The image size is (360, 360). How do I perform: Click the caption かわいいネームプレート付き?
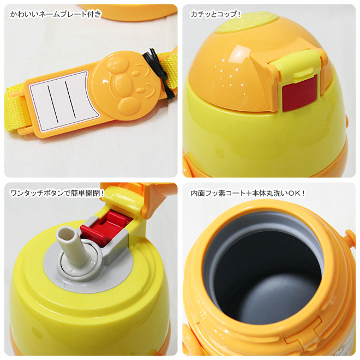pyautogui.click(x=55, y=14)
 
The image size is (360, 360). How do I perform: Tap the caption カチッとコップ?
pyautogui.click(x=215, y=14)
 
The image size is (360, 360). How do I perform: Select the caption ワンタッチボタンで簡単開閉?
pyautogui.click(x=57, y=193)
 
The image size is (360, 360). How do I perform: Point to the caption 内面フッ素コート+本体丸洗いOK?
pyautogui.click(x=248, y=193)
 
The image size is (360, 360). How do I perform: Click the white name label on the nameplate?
pyautogui.click(x=62, y=101)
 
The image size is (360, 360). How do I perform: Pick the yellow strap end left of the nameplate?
pyautogui.click(x=16, y=110)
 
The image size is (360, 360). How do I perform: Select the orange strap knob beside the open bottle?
pyautogui.click(x=350, y=237)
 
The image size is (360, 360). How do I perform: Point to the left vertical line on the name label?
pyautogui.click(x=52, y=104)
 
